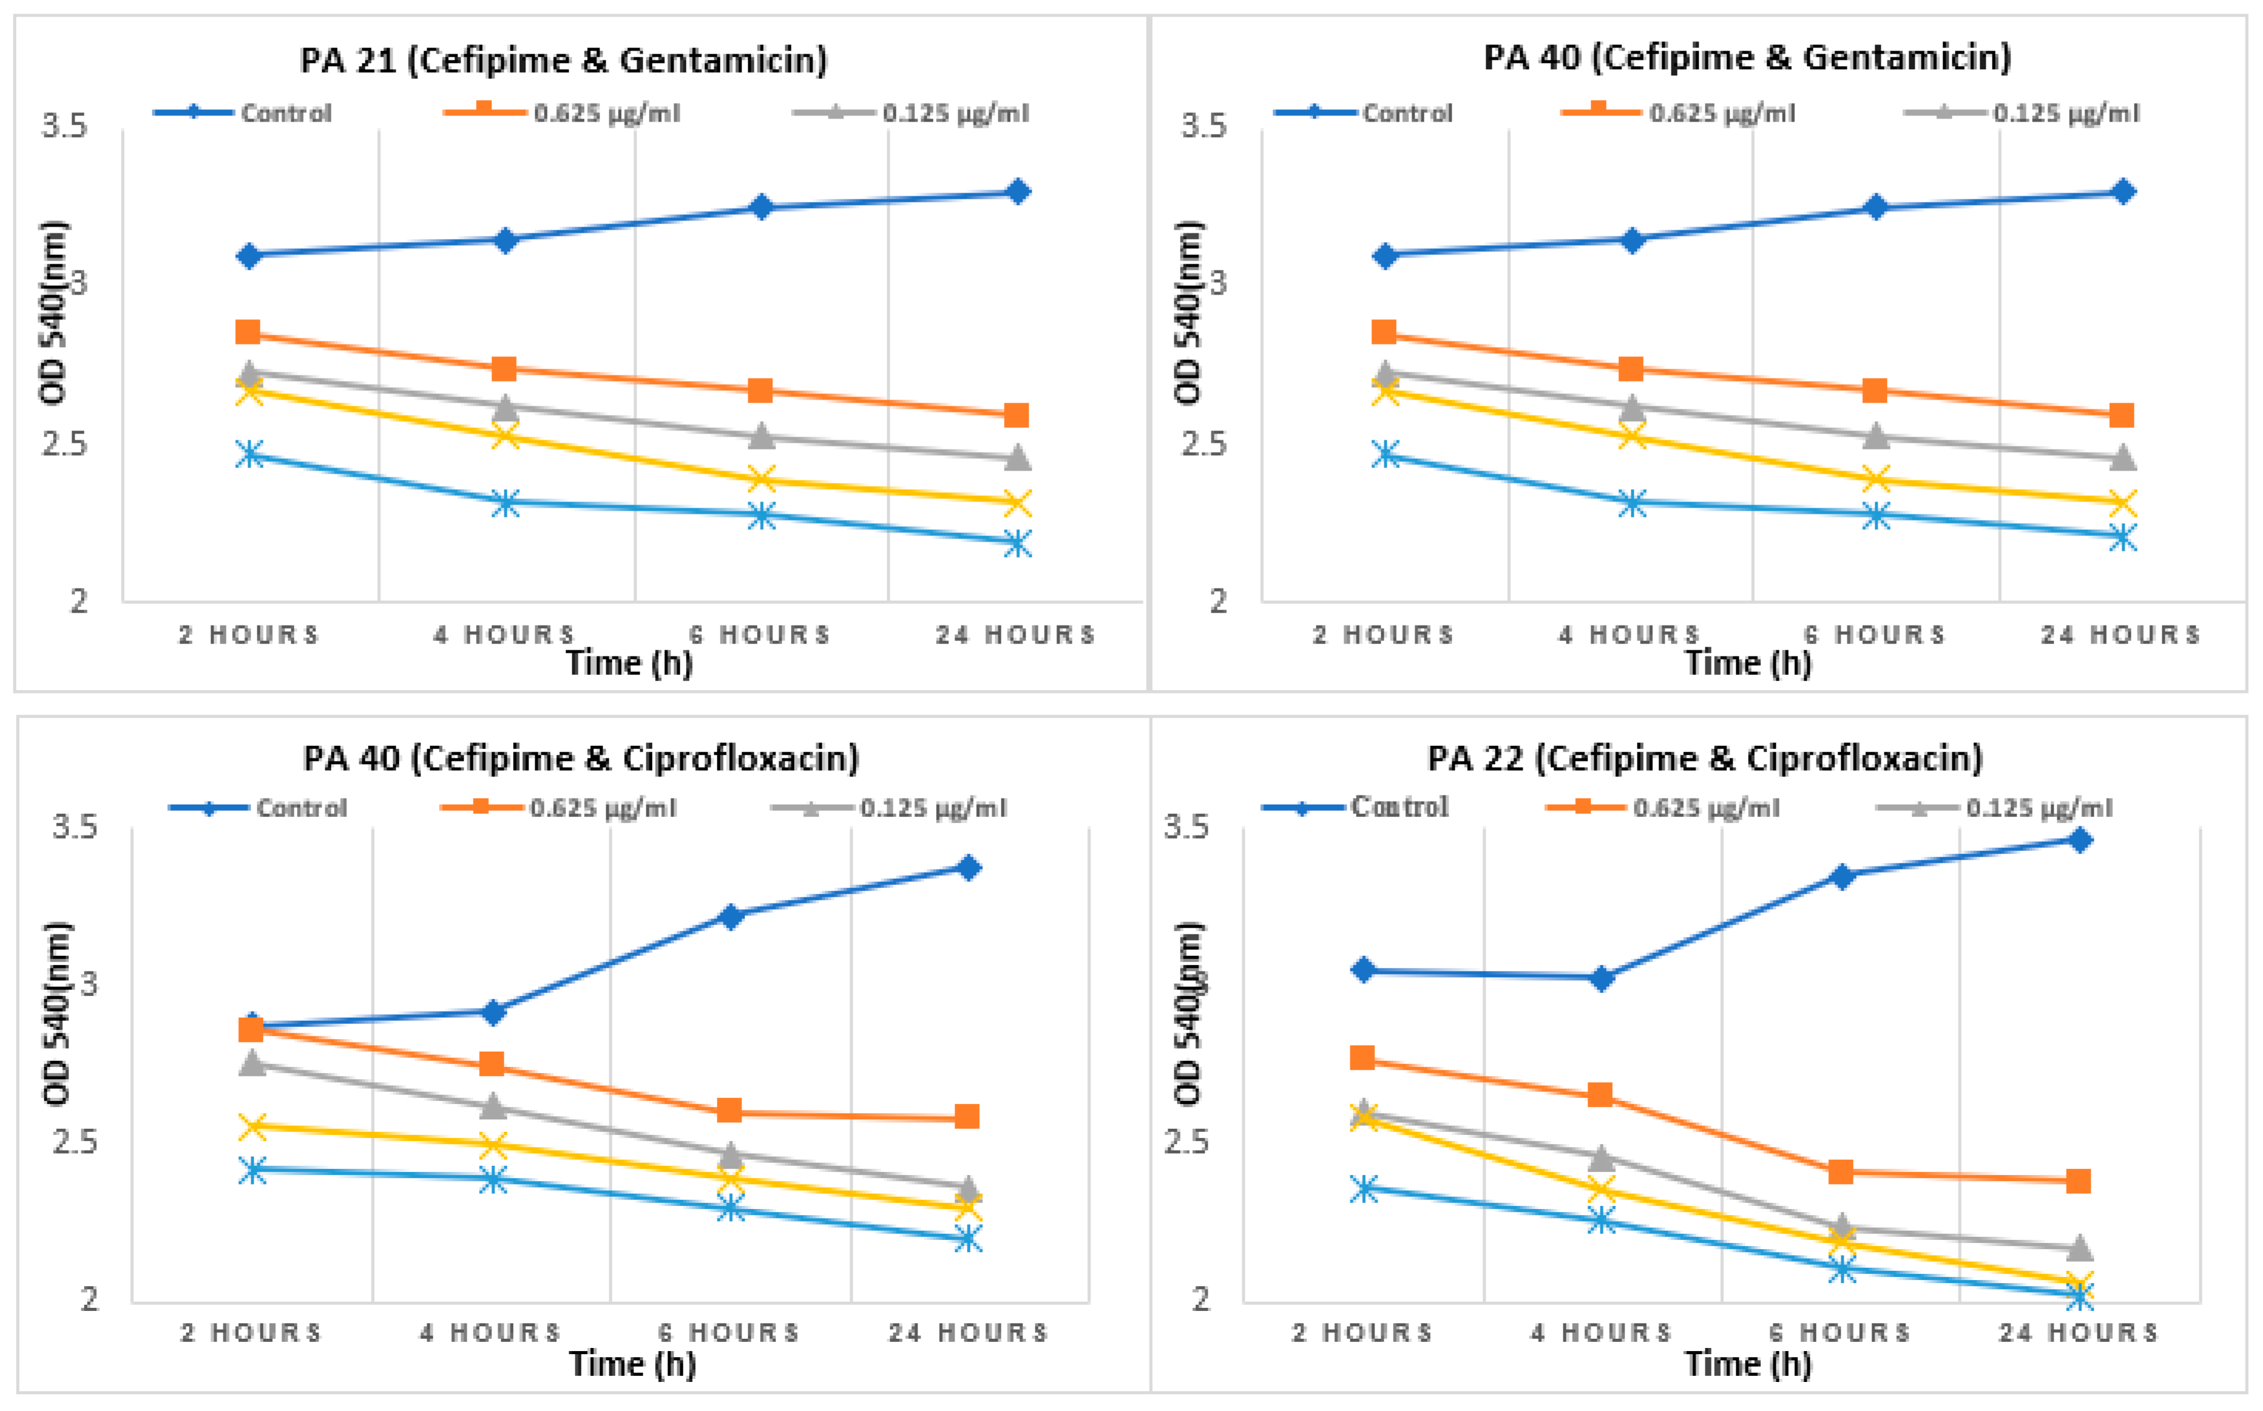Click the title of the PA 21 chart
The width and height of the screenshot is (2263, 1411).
coord(564,60)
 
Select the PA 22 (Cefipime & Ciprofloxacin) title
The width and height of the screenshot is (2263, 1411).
coord(1704,758)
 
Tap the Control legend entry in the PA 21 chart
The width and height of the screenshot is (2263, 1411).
coord(285,113)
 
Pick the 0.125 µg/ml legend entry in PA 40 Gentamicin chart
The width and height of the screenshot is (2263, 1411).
coord(2065,113)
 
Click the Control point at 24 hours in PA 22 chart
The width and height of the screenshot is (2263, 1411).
coord(2079,840)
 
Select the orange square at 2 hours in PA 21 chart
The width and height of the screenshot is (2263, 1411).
coord(248,332)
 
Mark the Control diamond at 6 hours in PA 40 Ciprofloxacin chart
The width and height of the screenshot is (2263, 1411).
coord(732,916)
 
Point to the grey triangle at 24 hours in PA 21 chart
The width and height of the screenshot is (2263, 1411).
coord(1017,458)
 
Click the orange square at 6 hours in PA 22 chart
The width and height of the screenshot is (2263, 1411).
coord(1840,1171)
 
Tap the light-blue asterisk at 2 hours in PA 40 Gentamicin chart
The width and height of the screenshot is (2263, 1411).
coord(1386,454)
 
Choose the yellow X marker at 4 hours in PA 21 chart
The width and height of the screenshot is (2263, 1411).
coord(505,435)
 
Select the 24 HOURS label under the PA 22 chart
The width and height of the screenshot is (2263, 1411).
coord(2079,1332)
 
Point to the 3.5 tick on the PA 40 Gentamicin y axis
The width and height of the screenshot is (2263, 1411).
coord(1204,125)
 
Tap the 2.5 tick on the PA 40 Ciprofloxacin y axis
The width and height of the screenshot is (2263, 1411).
coord(75,1141)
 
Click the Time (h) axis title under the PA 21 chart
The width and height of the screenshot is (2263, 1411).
coord(630,663)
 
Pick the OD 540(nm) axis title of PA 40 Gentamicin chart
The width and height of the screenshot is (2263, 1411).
coord(1188,312)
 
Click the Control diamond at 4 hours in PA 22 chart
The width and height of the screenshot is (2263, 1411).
coord(1601,978)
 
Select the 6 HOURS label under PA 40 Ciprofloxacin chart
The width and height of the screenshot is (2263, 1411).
coord(730,1332)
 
